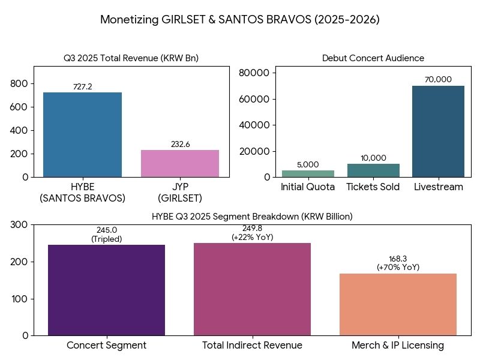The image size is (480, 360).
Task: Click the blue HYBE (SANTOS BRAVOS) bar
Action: [82, 134]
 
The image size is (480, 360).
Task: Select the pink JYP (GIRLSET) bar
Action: [180, 163]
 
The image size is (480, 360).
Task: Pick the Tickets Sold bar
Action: [373, 170]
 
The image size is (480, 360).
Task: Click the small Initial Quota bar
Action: [308, 173]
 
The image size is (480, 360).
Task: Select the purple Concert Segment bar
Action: [106, 290]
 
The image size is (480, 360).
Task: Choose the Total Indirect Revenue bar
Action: [252, 289]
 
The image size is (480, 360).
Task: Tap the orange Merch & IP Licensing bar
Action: [398, 304]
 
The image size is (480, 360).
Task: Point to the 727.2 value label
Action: [82, 87]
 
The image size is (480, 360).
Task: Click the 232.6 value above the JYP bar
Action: [180, 145]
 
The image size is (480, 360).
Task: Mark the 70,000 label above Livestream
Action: [438, 80]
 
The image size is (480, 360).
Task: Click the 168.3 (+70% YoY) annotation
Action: [398, 263]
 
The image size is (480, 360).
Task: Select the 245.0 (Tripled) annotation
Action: [106, 235]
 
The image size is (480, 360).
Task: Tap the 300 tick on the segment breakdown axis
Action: [20, 224]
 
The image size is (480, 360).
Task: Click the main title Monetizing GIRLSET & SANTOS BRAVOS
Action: [240, 20]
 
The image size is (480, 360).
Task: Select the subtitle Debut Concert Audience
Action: [373, 58]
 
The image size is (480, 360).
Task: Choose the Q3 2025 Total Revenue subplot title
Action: [131, 58]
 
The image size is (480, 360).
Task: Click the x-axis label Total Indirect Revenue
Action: [252, 346]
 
